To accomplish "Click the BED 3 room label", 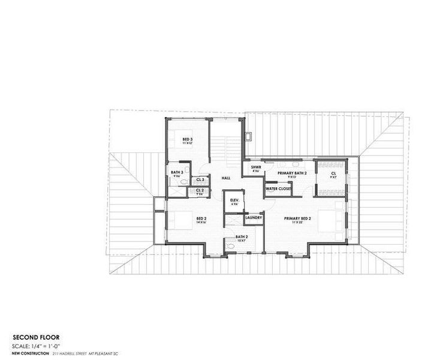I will tap(187, 139).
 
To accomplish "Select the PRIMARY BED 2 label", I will tap(297, 218).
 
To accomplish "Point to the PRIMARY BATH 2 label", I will tap(292, 173).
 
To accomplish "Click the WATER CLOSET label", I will tap(279, 189).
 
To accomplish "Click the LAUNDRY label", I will tap(254, 217).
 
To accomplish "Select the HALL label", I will tap(226, 178).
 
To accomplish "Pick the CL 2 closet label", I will tap(200, 191).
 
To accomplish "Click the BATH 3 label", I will tap(176, 173).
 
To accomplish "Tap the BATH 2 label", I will tap(241, 236).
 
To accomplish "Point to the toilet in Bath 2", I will tap(230, 246).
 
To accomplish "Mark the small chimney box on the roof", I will tap(246, 136).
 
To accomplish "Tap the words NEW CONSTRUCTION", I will tap(30, 354).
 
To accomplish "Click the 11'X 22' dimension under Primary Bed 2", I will tap(297, 223).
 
